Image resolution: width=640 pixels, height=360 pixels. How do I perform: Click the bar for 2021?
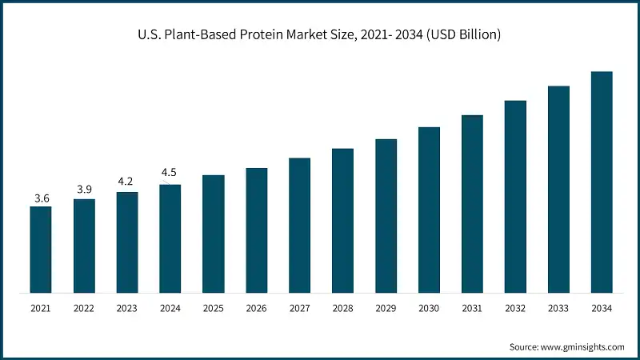tap(41, 250)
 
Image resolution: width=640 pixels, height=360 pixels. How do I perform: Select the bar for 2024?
tap(170, 238)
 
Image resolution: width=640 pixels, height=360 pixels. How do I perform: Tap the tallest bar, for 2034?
tap(602, 182)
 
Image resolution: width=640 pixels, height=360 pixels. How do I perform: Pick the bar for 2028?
tap(343, 221)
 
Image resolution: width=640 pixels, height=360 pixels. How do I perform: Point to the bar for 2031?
tap(473, 204)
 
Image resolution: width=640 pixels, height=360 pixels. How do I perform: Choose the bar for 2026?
tap(257, 230)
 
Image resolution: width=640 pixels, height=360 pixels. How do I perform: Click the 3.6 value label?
tap(41, 198)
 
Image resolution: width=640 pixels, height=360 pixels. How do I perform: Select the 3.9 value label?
tap(84, 189)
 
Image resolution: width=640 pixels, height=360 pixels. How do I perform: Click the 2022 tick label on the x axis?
tap(84, 307)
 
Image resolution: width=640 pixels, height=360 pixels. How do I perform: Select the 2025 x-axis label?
tap(214, 307)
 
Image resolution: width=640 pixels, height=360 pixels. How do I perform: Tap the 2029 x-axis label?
tap(386, 307)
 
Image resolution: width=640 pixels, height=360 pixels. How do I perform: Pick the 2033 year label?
tap(558, 307)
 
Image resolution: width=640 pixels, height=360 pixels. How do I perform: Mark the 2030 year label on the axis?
tap(430, 307)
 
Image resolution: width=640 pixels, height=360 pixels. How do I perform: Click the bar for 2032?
tap(515, 197)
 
